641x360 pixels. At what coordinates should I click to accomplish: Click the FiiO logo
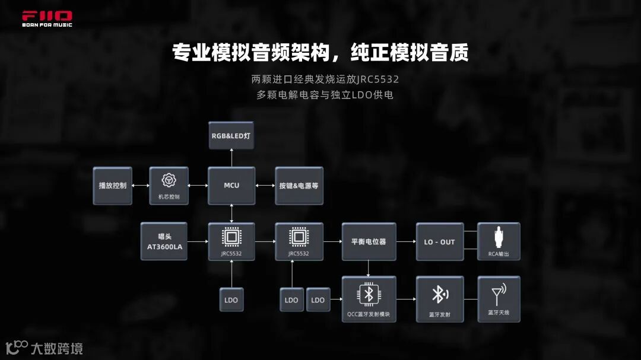point(47,18)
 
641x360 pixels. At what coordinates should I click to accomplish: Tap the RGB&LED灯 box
point(231,136)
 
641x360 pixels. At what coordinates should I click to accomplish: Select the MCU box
point(231,186)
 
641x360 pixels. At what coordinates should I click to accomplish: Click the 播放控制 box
point(113,186)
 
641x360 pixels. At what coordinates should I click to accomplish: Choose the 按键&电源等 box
point(299,186)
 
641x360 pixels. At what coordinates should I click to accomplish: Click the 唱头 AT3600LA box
point(164,241)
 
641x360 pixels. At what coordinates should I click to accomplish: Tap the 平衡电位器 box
point(369,241)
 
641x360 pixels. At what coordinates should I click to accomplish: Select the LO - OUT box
point(440,241)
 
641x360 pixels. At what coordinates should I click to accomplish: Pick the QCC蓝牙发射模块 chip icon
point(369,293)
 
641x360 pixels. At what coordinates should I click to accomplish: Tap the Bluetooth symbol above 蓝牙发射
point(439,294)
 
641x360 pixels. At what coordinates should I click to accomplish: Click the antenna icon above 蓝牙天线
point(499,294)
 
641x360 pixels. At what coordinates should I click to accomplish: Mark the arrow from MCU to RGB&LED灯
point(231,158)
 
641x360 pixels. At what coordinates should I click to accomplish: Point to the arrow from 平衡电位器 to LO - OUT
point(406,241)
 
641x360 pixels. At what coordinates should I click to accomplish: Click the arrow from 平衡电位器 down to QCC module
point(369,268)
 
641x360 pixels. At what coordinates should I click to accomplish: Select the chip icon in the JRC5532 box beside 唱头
point(231,237)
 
